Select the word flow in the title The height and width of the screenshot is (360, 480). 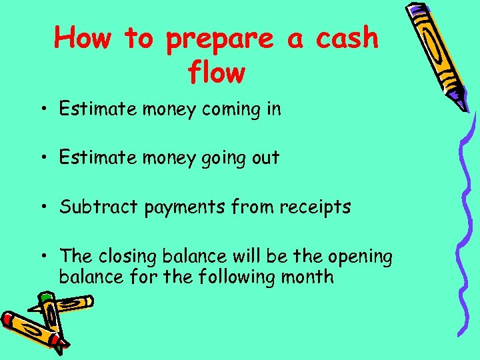[217, 73]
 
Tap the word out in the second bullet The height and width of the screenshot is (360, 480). [265, 158]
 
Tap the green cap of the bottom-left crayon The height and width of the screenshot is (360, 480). [45, 296]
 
